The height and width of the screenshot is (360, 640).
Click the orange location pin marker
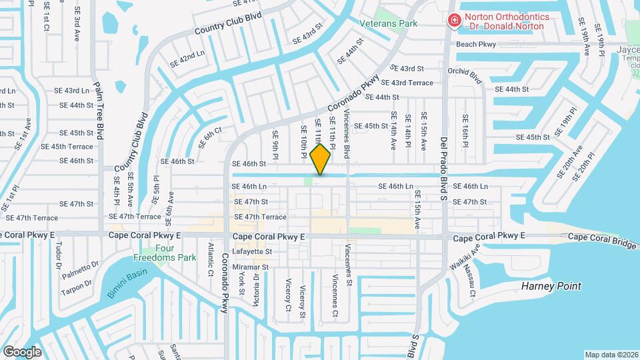click(321, 159)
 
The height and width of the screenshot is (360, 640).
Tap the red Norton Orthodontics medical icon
click(454, 21)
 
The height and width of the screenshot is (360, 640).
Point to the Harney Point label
click(551, 287)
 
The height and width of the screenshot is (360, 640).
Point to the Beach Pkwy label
click(476, 45)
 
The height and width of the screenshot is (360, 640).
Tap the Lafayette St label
click(251, 252)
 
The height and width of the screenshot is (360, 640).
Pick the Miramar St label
click(251, 267)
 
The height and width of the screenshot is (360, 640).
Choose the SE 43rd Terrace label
click(411, 83)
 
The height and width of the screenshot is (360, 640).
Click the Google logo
click(22, 351)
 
